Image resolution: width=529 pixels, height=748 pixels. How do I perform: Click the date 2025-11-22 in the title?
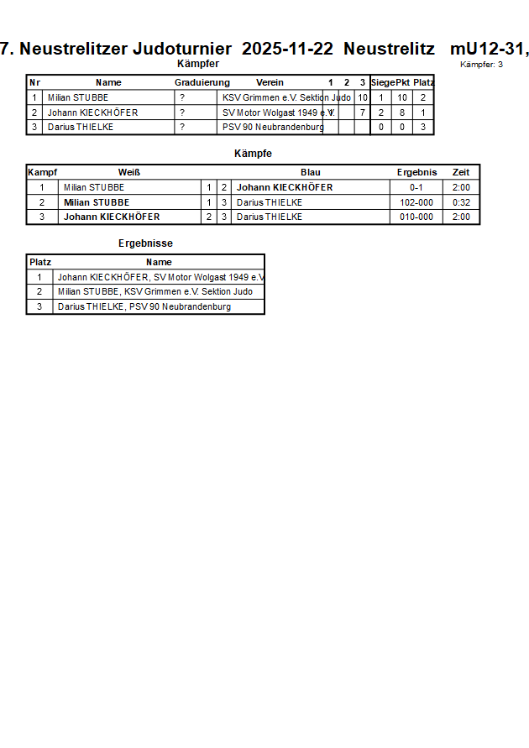click(x=287, y=49)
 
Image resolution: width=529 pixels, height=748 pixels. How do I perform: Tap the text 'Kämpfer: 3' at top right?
click(x=482, y=64)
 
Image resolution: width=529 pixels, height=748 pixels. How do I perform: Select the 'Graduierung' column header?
click(x=202, y=82)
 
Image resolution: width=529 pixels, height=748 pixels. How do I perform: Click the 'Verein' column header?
click(x=270, y=82)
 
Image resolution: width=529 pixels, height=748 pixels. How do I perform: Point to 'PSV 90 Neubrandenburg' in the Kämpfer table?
click(x=273, y=127)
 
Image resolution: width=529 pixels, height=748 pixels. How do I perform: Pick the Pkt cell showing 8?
click(x=402, y=112)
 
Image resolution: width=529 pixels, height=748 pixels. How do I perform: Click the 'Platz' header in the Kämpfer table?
click(x=423, y=82)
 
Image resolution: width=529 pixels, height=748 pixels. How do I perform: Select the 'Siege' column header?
click(x=382, y=82)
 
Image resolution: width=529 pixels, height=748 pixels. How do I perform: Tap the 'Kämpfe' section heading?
click(x=253, y=154)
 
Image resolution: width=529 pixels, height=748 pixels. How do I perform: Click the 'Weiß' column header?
click(x=129, y=172)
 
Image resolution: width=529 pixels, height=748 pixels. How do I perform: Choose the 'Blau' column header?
click(x=310, y=172)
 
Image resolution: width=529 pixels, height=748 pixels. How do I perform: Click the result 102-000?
click(x=416, y=202)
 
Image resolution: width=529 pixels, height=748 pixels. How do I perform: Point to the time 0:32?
click(x=461, y=202)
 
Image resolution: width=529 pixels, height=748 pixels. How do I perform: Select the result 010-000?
click(x=416, y=217)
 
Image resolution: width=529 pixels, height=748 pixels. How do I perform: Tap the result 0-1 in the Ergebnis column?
click(x=416, y=187)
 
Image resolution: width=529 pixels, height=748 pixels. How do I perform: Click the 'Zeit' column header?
click(x=461, y=172)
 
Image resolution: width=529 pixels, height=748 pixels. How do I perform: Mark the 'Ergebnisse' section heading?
click(x=146, y=243)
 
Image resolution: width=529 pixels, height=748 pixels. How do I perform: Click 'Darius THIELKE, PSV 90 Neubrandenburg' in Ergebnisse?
click(x=144, y=306)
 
